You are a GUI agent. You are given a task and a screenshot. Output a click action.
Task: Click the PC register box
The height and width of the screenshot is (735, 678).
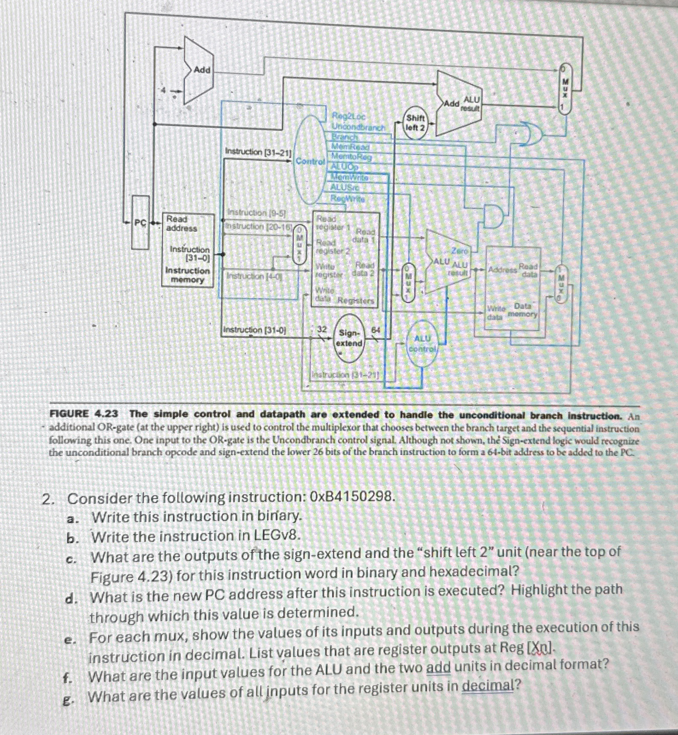[141, 222]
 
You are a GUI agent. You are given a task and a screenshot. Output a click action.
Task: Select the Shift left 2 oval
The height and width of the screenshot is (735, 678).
[415, 123]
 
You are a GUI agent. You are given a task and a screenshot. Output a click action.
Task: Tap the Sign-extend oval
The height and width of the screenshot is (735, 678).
[350, 338]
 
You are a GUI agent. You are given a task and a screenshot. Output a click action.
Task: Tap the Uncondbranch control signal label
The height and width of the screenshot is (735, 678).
[359, 127]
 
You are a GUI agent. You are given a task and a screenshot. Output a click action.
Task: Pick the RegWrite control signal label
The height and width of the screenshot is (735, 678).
[347, 198]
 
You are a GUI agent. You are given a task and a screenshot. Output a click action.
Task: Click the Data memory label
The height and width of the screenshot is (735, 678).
[522, 310]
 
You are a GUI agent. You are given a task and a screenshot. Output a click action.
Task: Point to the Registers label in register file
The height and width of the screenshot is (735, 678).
[356, 301]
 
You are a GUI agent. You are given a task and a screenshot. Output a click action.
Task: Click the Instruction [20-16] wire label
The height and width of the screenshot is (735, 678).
[258, 226]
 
